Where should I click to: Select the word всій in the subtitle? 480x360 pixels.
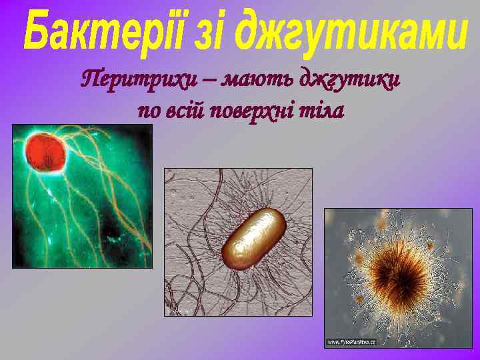tap(186, 110)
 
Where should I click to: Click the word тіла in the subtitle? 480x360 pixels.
tap(322, 110)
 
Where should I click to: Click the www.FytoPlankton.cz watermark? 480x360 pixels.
tap(351, 342)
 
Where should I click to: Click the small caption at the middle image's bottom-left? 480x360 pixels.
tap(179, 311)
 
